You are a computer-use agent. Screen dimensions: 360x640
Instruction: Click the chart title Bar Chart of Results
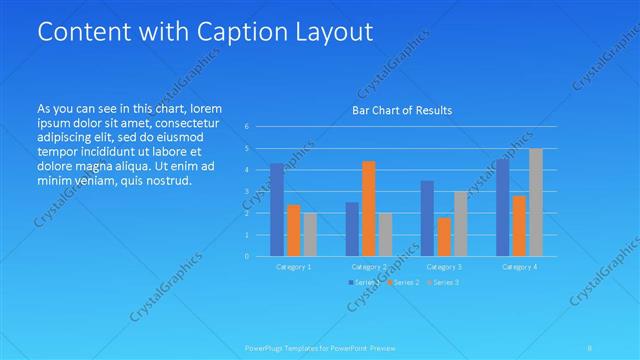(402, 110)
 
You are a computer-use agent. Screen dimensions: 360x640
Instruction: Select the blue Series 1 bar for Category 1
(277, 209)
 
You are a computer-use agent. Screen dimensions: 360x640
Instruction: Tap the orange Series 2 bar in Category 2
(368, 208)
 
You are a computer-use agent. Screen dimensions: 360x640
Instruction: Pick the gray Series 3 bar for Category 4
(535, 202)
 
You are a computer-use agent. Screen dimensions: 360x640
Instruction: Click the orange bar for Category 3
(443, 236)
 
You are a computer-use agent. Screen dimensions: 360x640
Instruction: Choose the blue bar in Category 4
(502, 207)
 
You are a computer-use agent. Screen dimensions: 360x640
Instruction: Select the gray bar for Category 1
(310, 234)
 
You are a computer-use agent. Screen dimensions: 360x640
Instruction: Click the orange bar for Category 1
(293, 230)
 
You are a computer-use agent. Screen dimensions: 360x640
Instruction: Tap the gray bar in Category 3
(460, 223)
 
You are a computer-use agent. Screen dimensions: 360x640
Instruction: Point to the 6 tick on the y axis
(246, 127)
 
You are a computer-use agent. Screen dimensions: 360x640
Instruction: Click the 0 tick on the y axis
(246, 256)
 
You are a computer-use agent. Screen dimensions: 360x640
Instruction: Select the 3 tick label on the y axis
(246, 191)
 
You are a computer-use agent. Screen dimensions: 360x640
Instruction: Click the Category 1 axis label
(293, 267)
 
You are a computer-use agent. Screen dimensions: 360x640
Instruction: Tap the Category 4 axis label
(519, 267)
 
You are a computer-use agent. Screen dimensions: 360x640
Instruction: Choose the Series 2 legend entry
(403, 283)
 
